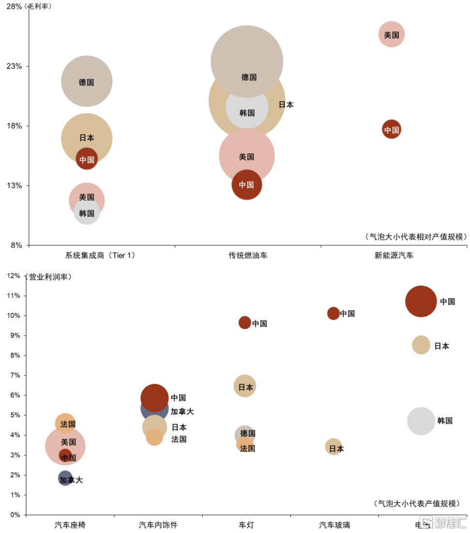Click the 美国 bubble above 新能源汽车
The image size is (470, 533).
(x=391, y=34)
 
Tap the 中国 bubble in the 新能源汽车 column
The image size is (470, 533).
(x=391, y=130)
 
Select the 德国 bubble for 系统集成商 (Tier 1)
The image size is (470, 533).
(x=87, y=81)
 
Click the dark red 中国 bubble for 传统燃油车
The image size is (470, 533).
(x=247, y=185)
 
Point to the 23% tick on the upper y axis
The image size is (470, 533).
(x=14, y=66)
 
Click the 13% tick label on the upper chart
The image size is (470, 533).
(x=14, y=186)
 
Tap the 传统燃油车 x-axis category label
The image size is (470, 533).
(x=248, y=256)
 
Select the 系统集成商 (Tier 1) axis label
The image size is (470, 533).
(x=100, y=256)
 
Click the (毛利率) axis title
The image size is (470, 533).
(x=39, y=7)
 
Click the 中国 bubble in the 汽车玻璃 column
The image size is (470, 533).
(x=334, y=313)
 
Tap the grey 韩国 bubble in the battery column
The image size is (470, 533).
(x=421, y=421)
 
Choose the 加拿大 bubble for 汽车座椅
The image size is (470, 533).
(x=65, y=478)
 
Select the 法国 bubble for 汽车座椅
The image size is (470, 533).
(x=65, y=423)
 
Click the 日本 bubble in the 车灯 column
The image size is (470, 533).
(x=245, y=386)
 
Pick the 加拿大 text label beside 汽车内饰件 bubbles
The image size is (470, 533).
(x=182, y=412)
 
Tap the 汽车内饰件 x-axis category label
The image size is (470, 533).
(x=158, y=525)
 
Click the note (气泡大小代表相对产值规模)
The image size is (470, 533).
(x=416, y=237)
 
